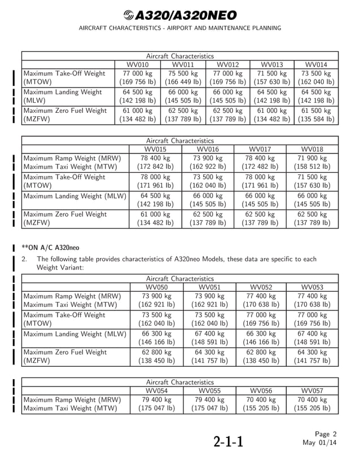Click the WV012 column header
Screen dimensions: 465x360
228,64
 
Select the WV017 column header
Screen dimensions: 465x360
260,148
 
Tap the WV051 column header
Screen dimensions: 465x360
207,287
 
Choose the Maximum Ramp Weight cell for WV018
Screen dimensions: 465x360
312,163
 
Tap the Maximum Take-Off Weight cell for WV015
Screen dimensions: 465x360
156,181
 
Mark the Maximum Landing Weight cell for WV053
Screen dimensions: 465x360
312,337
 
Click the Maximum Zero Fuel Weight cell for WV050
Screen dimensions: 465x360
156,357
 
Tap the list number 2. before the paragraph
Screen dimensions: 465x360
24,259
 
